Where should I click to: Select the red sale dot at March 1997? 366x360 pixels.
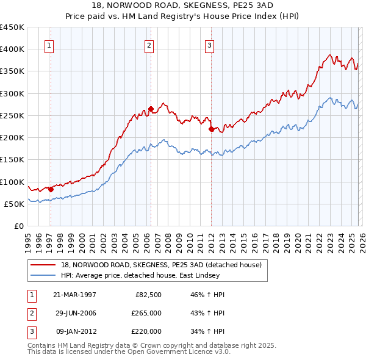point(51,189)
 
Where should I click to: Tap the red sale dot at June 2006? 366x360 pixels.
point(151,109)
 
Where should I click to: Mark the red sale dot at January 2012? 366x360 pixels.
point(211,129)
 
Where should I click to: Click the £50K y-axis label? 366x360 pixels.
point(14,204)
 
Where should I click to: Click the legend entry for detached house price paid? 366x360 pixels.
point(161,265)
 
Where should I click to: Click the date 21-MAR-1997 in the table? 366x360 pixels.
point(74,295)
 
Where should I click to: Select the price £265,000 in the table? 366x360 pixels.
point(146,313)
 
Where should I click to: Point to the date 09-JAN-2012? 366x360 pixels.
point(74,331)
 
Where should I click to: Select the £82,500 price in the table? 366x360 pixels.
point(148,295)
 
